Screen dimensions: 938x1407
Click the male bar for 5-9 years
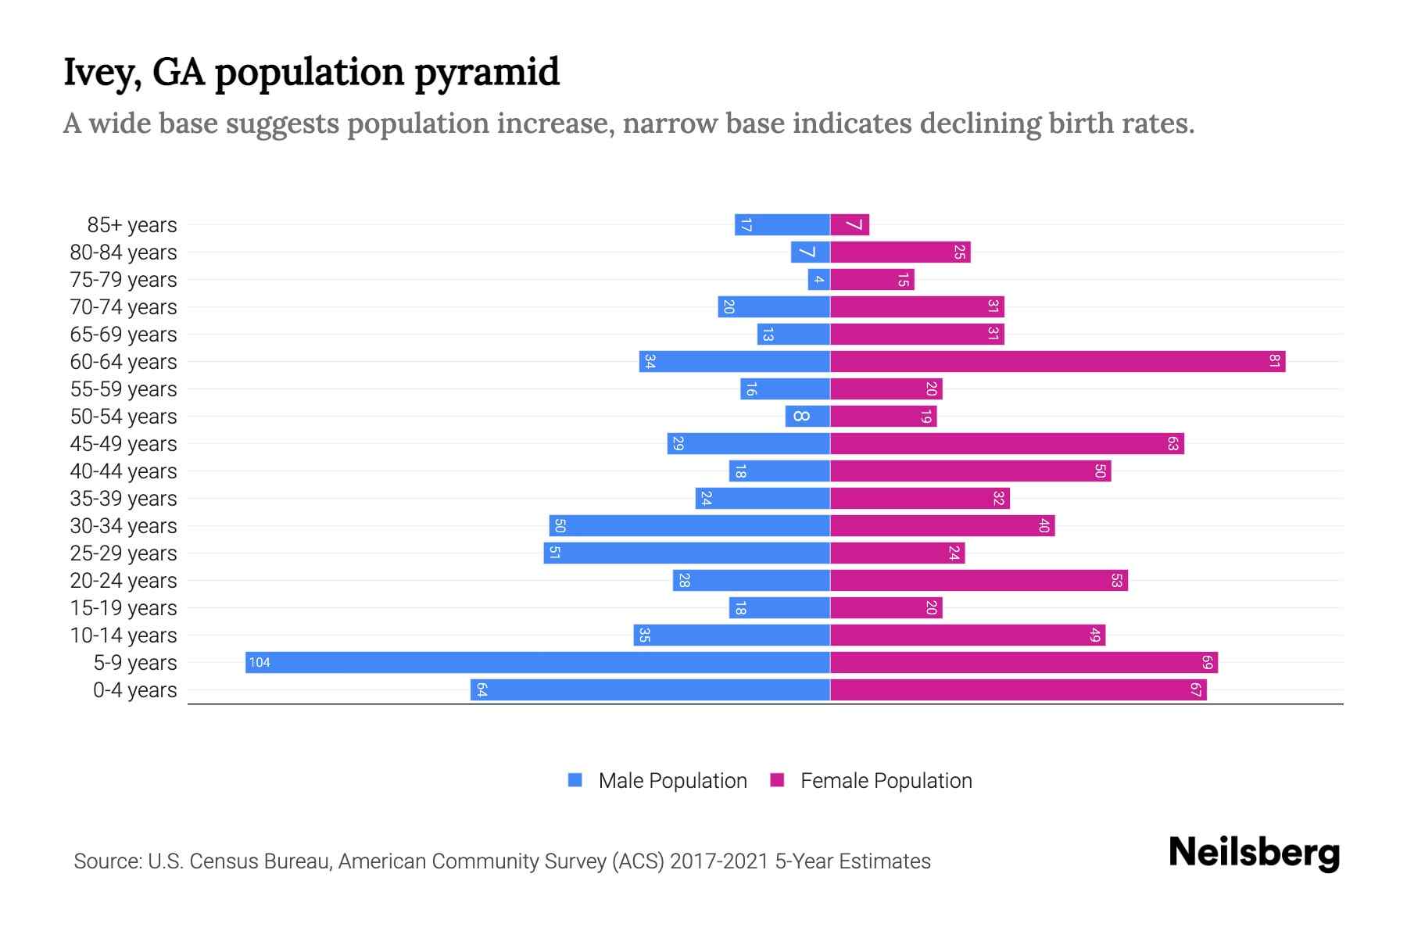[x=538, y=662]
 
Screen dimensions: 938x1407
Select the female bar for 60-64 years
[x=1058, y=361]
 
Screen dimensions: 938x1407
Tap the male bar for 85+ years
[x=782, y=225]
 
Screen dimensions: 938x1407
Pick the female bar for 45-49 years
[x=1007, y=443]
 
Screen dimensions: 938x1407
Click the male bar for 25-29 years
[x=686, y=553]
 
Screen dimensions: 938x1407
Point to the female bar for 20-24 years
[x=979, y=580]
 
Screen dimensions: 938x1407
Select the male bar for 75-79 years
[x=818, y=280]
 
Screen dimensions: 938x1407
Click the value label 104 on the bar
[x=260, y=663]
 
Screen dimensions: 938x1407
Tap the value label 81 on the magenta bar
[x=1274, y=361]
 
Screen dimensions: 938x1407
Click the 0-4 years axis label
[x=134, y=690]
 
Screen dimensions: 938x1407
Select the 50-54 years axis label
[x=124, y=417]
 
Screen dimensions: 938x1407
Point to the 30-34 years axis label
[x=124, y=526]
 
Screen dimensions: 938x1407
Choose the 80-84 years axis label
[x=124, y=252]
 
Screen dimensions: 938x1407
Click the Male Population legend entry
[x=672, y=781]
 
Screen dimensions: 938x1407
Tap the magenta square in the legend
[x=777, y=780]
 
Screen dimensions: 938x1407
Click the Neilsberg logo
[x=1254, y=853]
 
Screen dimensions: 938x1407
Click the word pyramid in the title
[x=486, y=72]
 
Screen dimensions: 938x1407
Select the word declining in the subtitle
[x=979, y=124]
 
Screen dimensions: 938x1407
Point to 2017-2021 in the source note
[x=719, y=861]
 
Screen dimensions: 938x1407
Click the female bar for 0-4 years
[x=1018, y=689]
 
